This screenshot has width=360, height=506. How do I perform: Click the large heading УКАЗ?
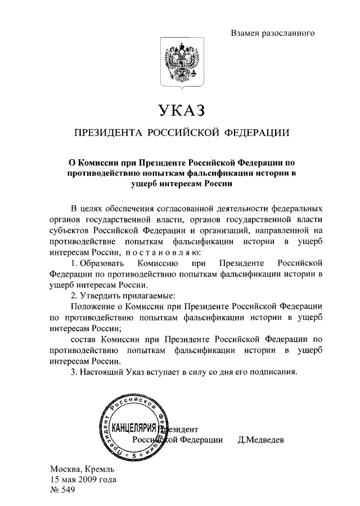tap(179, 110)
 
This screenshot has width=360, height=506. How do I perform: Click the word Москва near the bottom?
tap(66, 469)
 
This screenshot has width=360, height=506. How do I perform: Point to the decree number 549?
tap(68, 490)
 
